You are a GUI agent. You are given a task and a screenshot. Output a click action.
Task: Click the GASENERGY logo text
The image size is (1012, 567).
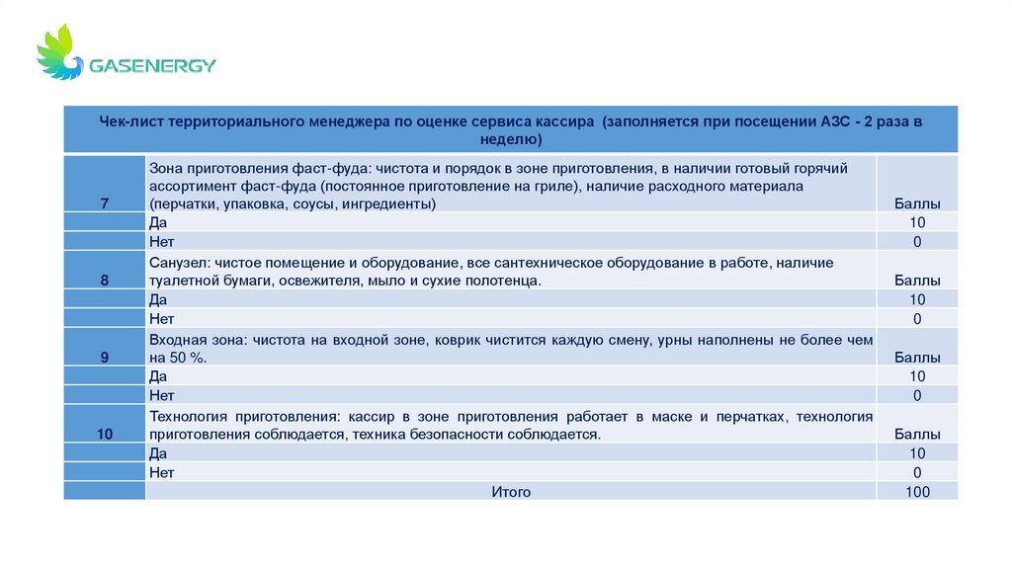pyautogui.click(x=152, y=66)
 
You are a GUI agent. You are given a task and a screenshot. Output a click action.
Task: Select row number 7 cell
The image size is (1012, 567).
pyautogui.click(x=105, y=203)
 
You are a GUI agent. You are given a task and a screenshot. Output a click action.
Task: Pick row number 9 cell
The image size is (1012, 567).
pyautogui.click(x=105, y=358)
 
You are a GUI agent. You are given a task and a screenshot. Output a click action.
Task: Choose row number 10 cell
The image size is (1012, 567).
pyautogui.click(x=105, y=434)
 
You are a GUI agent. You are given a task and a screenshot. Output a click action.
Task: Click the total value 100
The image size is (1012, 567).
pyautogui.click(x=917, y=491)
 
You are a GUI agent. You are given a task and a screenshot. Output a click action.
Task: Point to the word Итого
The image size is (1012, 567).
pyautogui.click(x=511, y=491)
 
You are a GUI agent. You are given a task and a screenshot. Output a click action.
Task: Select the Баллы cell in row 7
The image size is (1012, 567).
pyautogui.click(x=917, y=203)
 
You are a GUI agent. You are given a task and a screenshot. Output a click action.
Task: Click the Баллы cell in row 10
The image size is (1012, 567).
pyautogui.click(x=917, y=434)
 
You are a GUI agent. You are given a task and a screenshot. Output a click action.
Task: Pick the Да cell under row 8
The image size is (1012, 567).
pyautogui.click(x=158, y=299)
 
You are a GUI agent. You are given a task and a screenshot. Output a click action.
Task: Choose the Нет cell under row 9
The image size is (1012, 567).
pyautogui.click(x=162, y=395)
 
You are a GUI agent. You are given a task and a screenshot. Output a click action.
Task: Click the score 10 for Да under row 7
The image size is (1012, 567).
pyautogui.click(x=917, y=222)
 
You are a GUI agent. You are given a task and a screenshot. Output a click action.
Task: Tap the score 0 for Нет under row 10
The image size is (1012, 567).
pyautogui.click(x=917, y=472)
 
